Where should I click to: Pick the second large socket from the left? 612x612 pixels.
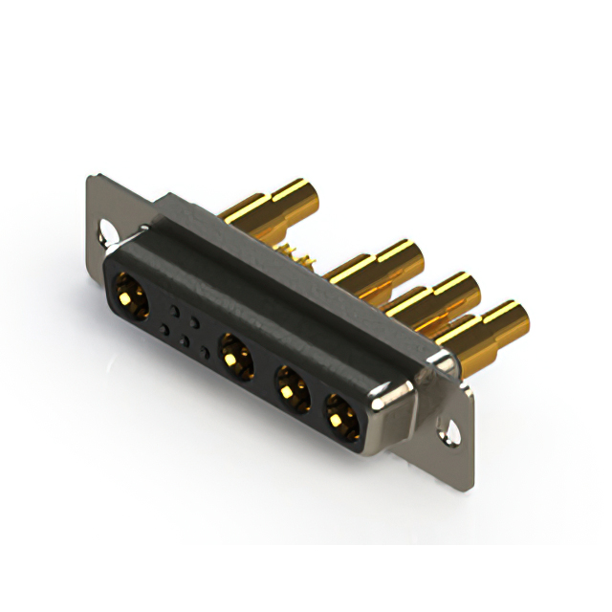[x=234, y=357]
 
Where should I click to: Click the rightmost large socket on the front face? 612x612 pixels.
[x=339, y=414]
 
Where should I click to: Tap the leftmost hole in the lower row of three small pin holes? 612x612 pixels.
[x=164, y=330]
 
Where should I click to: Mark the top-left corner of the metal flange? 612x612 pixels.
[x=90, y=177]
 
